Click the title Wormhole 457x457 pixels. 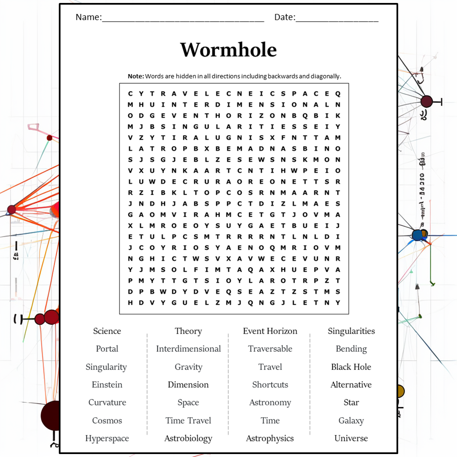[228, 50]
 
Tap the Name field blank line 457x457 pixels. [183, 18]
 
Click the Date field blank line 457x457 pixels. [337, 18]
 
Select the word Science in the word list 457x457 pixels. [107, 331]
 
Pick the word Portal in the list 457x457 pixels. [107, 349]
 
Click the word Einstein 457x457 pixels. [107, 385]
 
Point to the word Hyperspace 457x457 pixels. [107, 438]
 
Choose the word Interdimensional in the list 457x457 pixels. [188, 349]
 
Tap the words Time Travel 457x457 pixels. [188, 421]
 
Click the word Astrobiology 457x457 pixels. [188, 438]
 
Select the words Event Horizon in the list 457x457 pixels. [270, 331]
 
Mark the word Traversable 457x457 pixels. [270, 349]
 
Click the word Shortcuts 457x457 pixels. [270, 385]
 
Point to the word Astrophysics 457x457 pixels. [270, 438]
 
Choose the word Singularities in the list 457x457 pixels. [351, 331]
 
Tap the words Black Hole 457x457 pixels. [351, 367]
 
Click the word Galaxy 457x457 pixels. [351, 421]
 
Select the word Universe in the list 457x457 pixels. [351, 438]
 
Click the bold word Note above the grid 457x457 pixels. [136, 76]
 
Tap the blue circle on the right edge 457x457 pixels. [418, 235]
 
